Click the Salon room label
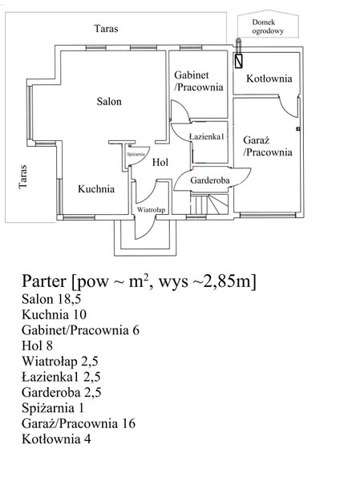tap(109, 101)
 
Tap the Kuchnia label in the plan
tap(96, 188)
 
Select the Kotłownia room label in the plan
tap(269, 79)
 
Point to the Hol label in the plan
tap(160, 162)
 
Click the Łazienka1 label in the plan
tap(207, 136)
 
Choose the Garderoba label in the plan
tap(210, 180)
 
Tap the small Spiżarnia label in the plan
tap(136, 155)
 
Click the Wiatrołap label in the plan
tap(151, 210)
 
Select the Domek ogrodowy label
tap(268, 26)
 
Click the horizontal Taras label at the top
tap(106, 29)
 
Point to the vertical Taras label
tap(23, 176)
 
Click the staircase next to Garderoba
tap(209, 204)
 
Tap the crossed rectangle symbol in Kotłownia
tap(238, 61)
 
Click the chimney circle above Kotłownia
tap(238, 40)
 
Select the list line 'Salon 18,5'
tap(51, 299)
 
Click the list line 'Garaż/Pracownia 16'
tap(79, 423)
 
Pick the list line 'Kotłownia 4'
tap(56, 439)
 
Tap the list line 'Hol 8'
tap(37, 346)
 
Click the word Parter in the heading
tap(44, 281)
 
